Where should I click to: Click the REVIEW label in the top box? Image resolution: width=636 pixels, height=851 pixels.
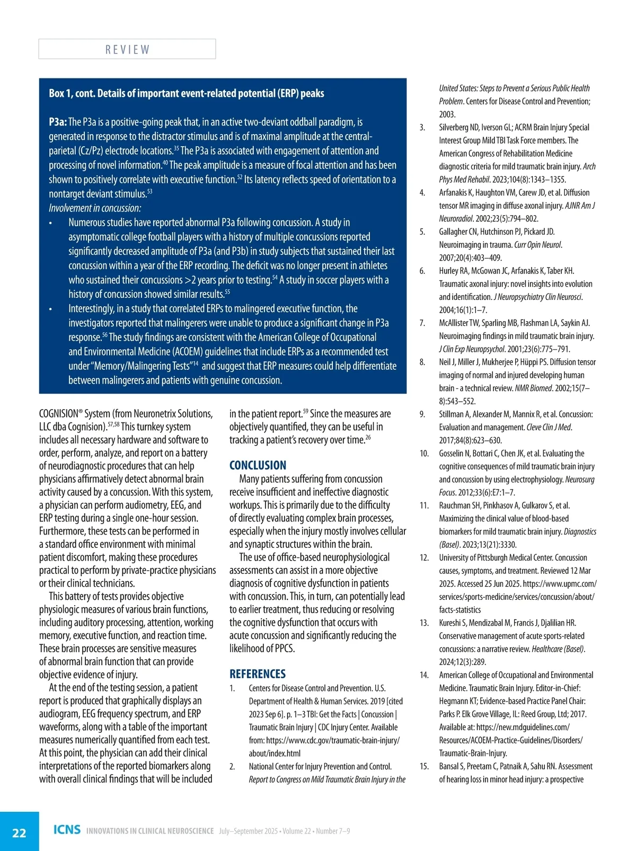pyautogui.click(x=127, y=49)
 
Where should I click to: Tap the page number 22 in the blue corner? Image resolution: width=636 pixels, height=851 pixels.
pyautogui.click(x=19, y=832)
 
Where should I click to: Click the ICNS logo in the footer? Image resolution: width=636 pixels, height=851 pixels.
pyautogui.click(x=67, y=830)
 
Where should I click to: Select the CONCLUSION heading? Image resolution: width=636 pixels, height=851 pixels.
pyautogui.click(x=258, y=465)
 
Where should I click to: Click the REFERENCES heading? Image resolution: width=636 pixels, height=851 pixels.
pyautogui.click(x=257, y=674)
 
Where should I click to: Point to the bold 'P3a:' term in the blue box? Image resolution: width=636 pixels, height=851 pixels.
pyautogui.click(x=58, y=122)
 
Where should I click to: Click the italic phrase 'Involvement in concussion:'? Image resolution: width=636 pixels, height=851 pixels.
pyautogui.click(x=95, y=208)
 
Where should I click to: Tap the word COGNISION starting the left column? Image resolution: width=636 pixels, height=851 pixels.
pyautogui.click(x=58, y=414)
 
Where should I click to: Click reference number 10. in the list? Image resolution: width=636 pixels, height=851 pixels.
pyautogui.click(x=424, y=454)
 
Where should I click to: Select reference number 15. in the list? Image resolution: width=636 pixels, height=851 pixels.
pyautogui.click(x=424, y=766)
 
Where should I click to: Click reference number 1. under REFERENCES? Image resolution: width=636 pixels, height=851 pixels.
pyautogui.click(x=232, y=688)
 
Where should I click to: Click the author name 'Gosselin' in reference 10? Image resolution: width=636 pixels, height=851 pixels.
pyautogui.click(x=453, y=454)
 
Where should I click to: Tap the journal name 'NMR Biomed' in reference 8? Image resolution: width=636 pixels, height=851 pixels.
pyautogui.click(x=534, y=388)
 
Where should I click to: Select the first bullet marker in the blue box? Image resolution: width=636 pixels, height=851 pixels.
pyautogui.click(x=50, y=223)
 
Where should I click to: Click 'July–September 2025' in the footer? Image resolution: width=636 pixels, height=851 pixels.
pyautogui.click(x=249, y=831)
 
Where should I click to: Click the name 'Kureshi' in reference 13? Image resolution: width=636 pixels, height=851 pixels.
pyautogui.click(x=452, y=623)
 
